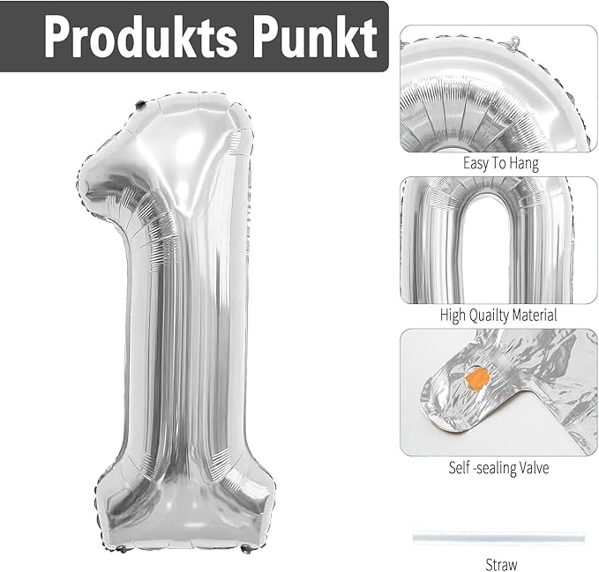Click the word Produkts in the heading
pos(140,37)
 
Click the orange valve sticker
pos(477,379)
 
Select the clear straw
pos(498,538)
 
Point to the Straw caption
pos(501,563)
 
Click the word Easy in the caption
pos(475,164)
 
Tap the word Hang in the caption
pos(524,164)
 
